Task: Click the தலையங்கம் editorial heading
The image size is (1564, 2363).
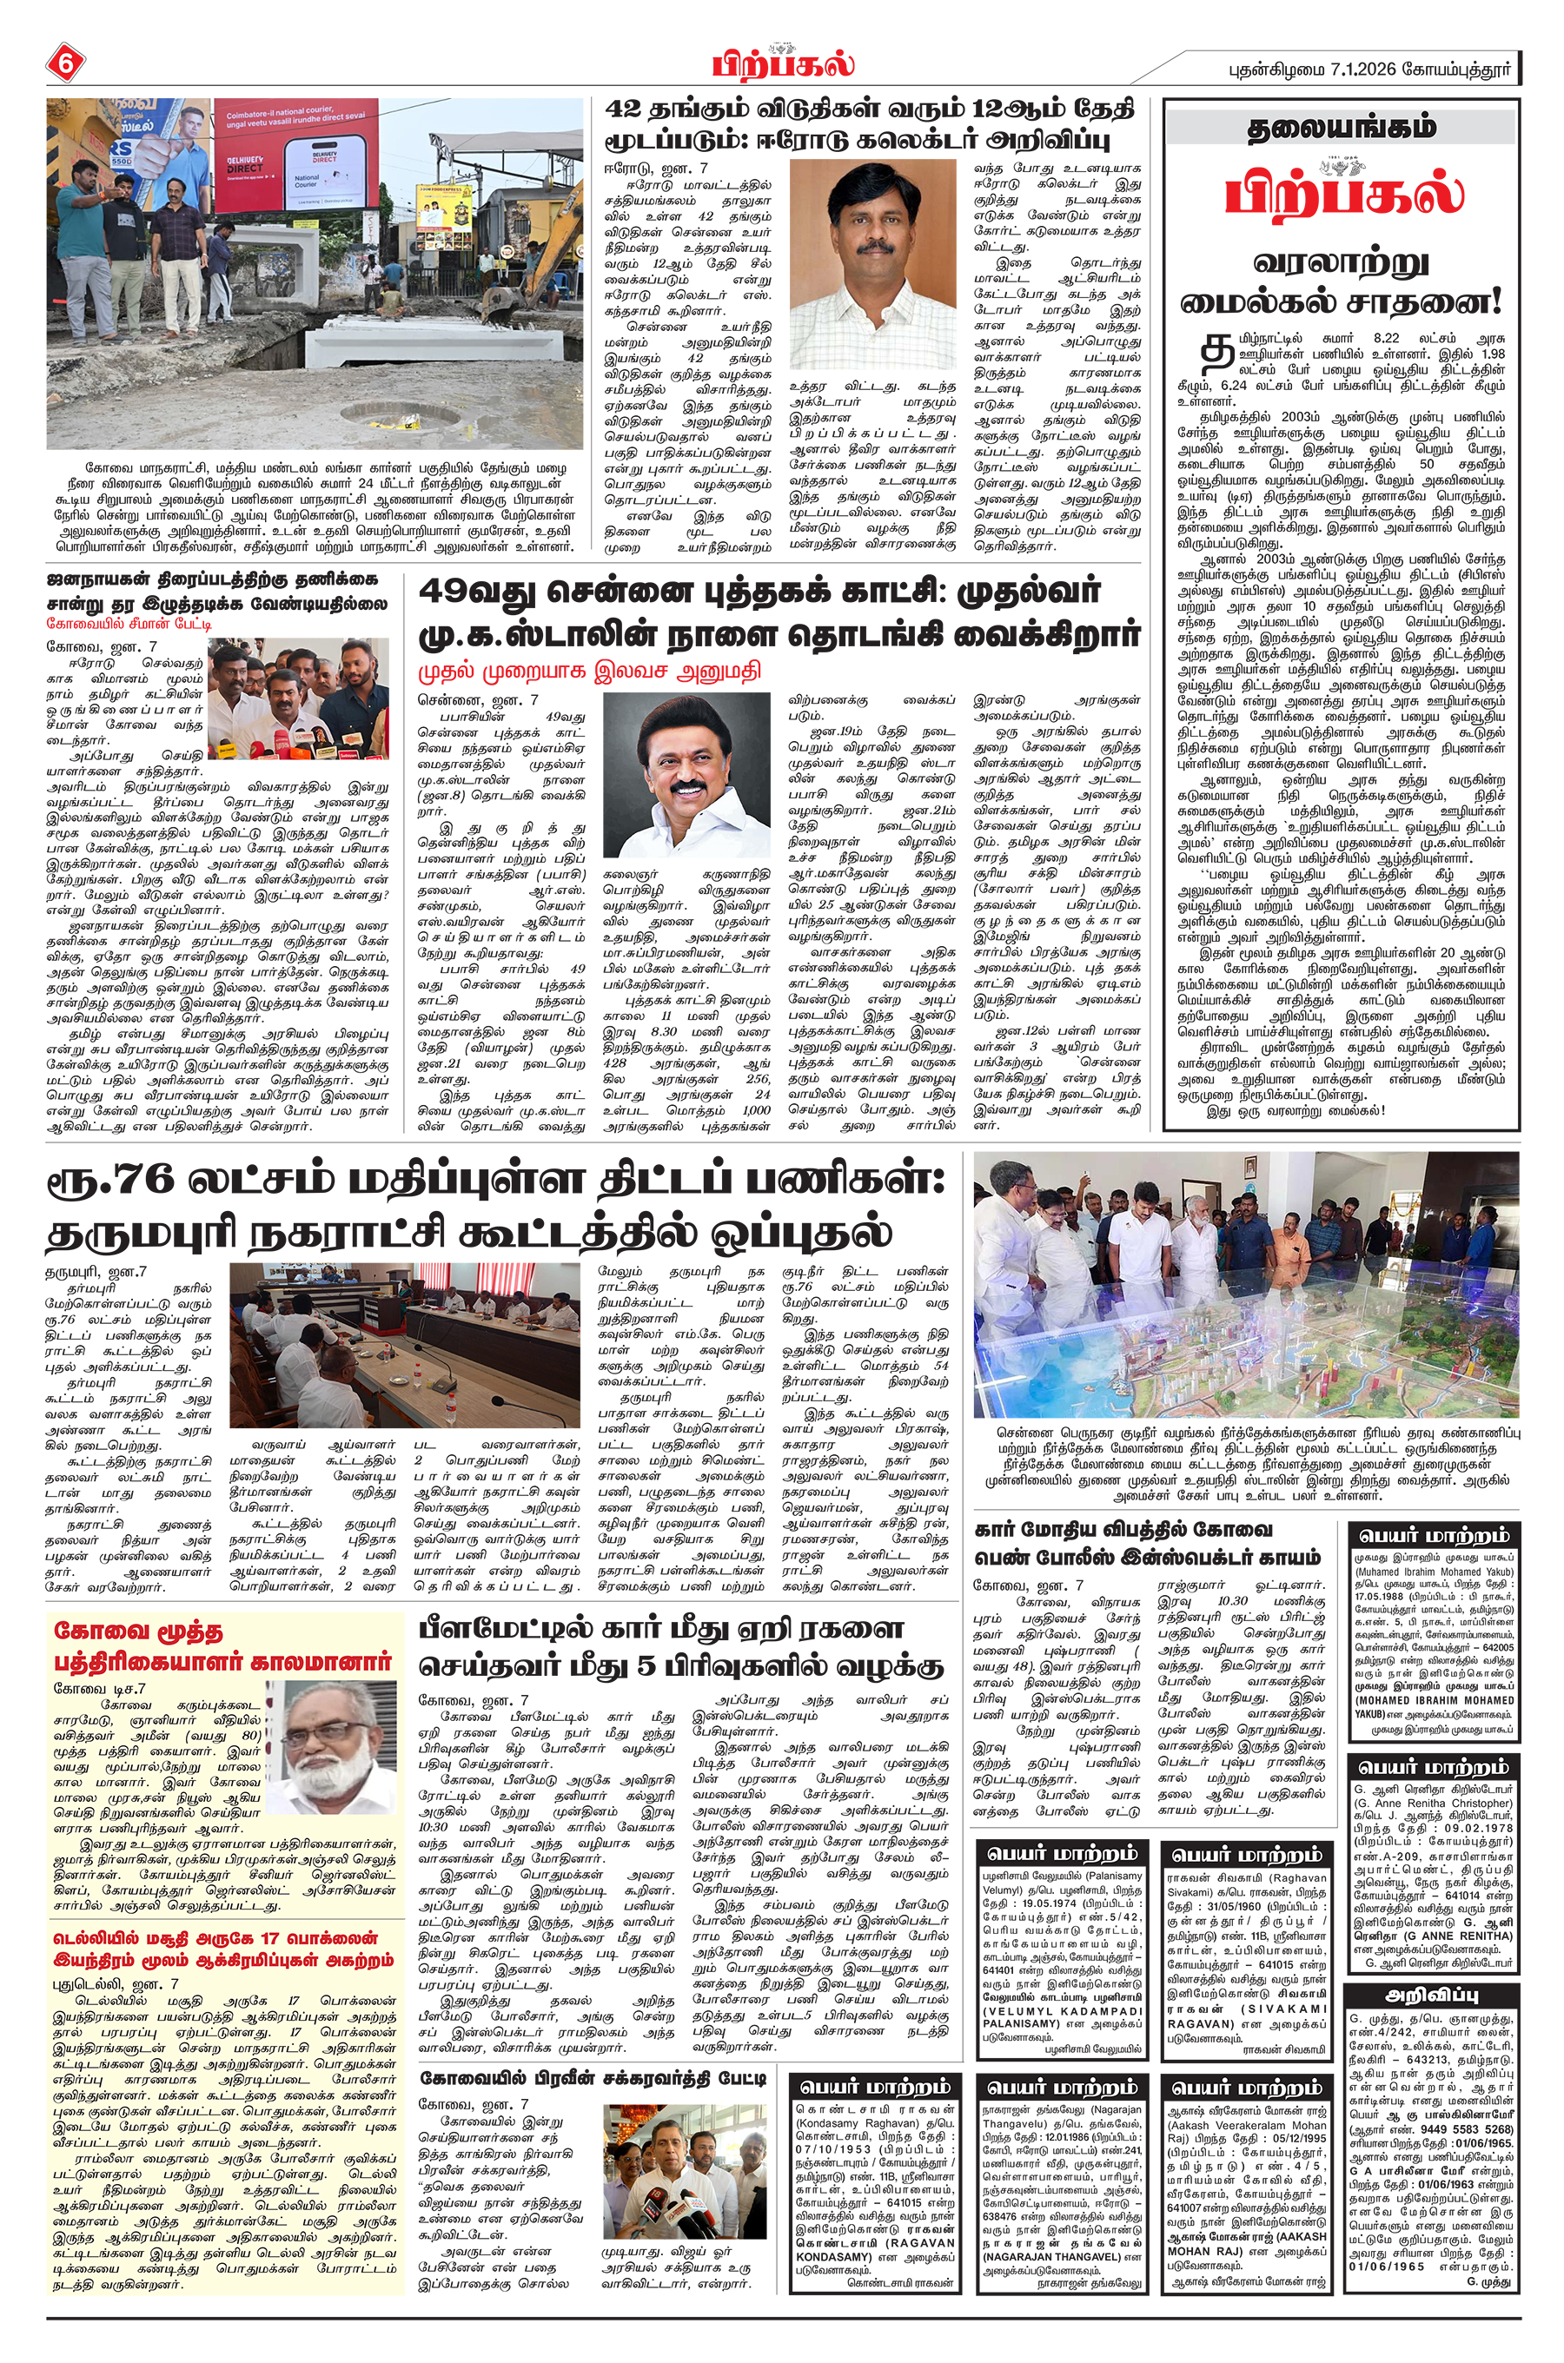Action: (1342, 129)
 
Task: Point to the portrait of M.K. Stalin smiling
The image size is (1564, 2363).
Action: (686, 774)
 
